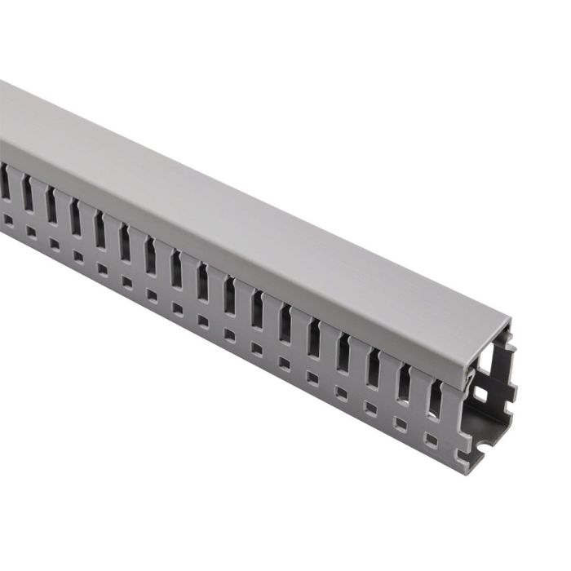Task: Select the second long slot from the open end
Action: click(405, 379)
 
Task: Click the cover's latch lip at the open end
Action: click(471, 376)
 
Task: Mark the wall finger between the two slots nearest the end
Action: click(420, 392)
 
